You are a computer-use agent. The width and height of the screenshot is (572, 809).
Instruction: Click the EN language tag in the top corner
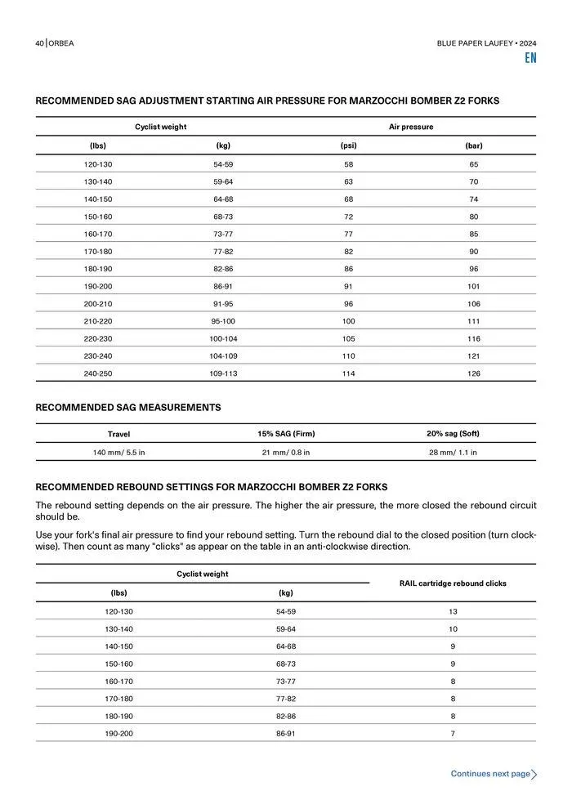click(x=530, y=58)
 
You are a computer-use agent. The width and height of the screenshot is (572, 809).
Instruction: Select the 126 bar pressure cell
click(x=473, y=373)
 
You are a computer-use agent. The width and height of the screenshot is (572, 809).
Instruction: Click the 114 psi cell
click(x=349, y=373)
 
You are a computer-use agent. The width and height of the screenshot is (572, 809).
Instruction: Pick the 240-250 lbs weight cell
click(x=97, y=373)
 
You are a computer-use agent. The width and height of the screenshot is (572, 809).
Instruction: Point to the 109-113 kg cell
click(x=222, y=373)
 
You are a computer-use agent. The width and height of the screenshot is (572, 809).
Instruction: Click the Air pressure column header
click(x=411, y=127)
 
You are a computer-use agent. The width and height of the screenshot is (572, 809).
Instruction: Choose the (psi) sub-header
click(x=349, y=145)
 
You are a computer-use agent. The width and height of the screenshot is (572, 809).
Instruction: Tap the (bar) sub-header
click(x=473, y=145)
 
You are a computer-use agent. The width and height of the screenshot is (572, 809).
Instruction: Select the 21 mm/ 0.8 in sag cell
click(x=285, y=452)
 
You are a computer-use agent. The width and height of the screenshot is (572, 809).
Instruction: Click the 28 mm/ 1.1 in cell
click(x=453, y=452)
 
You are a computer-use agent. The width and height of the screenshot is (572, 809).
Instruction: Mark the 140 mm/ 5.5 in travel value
click(x=118, y=452)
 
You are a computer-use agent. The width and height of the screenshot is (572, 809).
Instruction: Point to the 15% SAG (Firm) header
click(x=286, y=433)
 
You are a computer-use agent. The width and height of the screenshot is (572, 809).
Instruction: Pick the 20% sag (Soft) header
click(x=453, y=433)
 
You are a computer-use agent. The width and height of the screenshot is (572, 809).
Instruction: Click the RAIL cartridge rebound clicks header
click(x=453, y=583)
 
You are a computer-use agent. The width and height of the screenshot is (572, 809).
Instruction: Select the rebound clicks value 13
click(x=453, y=611)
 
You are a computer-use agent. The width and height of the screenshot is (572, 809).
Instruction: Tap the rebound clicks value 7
click(x=453, y=733)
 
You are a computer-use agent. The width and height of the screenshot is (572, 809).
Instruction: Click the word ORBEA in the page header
click(x=61, y=43)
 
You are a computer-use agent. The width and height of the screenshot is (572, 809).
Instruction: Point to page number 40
click(x=39, y=43)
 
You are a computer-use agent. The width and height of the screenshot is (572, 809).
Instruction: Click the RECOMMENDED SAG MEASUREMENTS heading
click(x=128, y=407)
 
